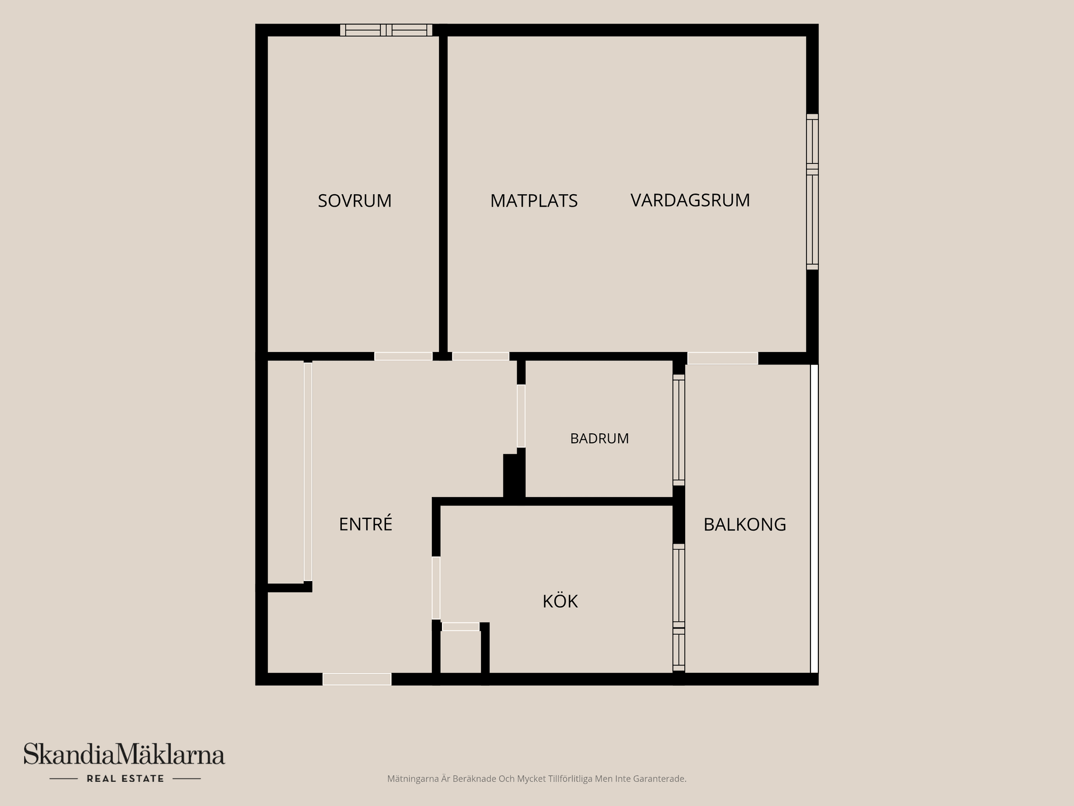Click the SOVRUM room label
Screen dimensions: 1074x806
(355, 201)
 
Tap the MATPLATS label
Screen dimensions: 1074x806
(534, 201)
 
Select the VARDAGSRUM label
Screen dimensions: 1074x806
(690, 200)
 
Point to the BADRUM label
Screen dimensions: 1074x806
(599, 439)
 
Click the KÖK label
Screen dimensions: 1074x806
(560, 601)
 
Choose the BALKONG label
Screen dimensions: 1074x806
(745, 524)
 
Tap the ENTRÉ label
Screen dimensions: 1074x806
(365, 523)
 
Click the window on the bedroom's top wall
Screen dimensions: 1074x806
(386, 30)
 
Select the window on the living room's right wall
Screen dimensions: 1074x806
(812, 192)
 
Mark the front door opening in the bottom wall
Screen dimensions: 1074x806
(357, 679)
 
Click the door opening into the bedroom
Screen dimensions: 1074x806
(403, 357)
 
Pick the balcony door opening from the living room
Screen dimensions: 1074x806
(723, 358)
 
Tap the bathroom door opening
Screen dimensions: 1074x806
(521, 416)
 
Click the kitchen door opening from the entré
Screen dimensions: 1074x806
(436, 588)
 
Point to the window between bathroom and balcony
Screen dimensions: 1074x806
(679, 430)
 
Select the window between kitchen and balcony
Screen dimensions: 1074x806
(679, 607)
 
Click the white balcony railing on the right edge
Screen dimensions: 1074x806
(814, 518)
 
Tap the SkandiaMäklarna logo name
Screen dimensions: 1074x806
(124, 755)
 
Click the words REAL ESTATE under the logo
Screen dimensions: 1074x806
(125, 779)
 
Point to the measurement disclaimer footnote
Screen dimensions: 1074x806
(536, 779)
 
